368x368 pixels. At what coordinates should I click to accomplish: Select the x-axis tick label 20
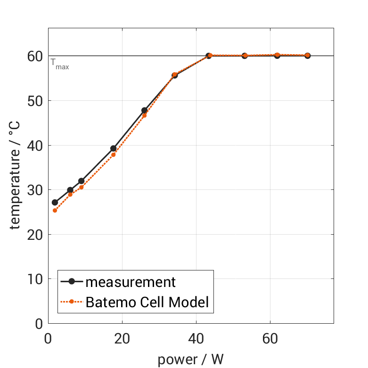coord(122,338)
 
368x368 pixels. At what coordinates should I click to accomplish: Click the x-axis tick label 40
coord(196,338)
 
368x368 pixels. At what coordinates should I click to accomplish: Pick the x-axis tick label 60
coord(270,338)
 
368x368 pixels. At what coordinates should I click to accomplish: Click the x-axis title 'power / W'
coord(190,360)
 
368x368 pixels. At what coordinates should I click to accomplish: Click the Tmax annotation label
coord(60,64)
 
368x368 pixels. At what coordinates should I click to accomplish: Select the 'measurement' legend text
coord(131,282)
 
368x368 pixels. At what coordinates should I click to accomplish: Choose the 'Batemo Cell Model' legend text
coord(147,302)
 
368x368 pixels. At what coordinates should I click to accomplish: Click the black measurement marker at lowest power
coord(55,203)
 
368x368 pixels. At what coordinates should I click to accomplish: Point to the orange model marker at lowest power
coord(55,210)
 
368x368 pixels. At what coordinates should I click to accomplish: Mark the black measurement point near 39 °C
coord(113,148)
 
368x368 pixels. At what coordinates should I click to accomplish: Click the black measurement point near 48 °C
coord(144,110)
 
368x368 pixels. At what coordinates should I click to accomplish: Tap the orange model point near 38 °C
coord(113,155)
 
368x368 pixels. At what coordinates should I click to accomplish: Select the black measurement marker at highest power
coord(307,56)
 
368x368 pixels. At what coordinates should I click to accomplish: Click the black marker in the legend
coord(72,282)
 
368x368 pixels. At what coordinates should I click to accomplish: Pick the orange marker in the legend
coord(72,302)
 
